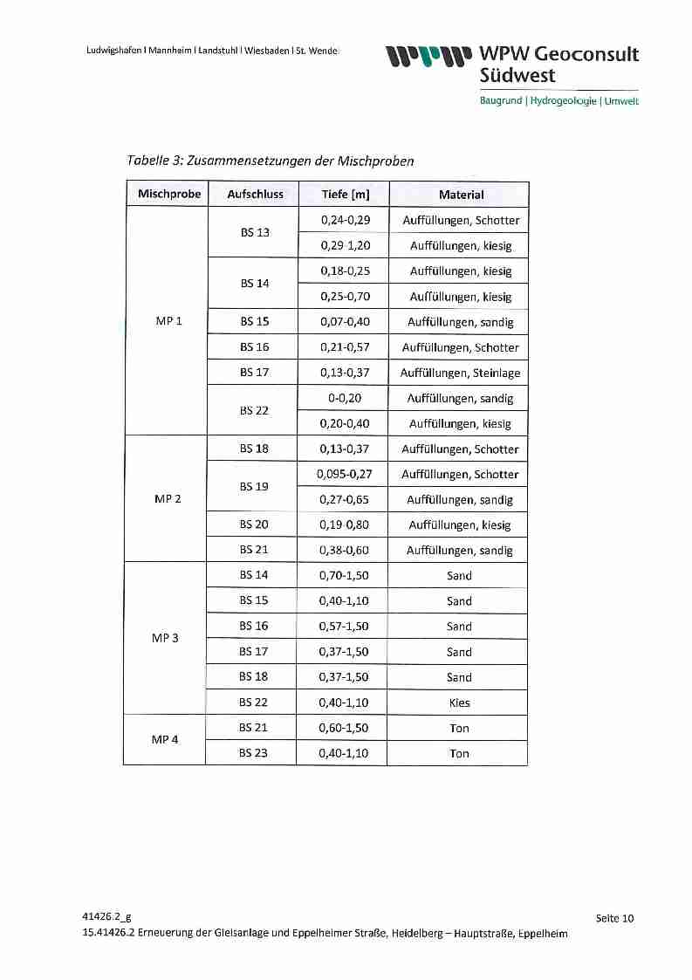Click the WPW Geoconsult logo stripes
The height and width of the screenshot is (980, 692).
point(430,57)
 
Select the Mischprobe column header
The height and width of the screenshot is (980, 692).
point(169,194)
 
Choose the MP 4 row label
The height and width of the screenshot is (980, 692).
point(165,739)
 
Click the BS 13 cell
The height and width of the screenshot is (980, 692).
point(255,233)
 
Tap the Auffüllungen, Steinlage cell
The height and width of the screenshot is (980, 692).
point(460,373)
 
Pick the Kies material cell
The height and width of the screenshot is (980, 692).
point(459,702)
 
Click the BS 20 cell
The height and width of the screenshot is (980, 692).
point(254,524)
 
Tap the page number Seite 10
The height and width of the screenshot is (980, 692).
point(614,917)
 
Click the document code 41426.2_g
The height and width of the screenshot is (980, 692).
point(106,916)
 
